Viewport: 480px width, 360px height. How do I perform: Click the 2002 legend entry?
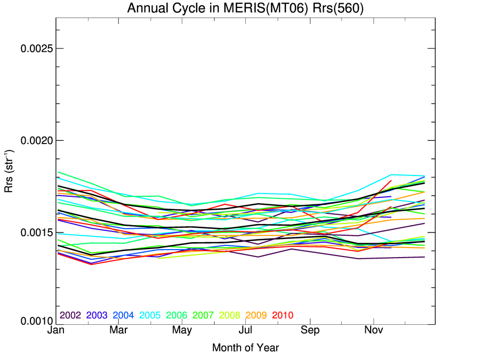[70, 315]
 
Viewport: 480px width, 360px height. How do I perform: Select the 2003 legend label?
[97, 315]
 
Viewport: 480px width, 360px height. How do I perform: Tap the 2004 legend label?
[123, 315]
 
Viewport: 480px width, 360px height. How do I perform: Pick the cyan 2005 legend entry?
[150, 315]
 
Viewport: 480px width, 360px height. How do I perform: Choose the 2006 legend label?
[177, 315]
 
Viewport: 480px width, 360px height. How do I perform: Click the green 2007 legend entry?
[203, 315]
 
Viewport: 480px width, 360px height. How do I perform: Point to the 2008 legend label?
[230, 315]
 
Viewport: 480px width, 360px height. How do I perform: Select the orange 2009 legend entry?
[257, 315]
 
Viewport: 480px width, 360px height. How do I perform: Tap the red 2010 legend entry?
[283, 315]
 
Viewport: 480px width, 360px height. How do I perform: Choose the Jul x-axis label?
[245, 331]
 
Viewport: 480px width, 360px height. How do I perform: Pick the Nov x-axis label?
[373, 331]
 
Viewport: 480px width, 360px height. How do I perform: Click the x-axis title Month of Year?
[245, 348]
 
